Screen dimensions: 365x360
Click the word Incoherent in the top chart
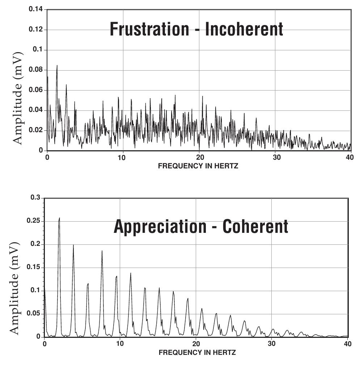coord(244,29)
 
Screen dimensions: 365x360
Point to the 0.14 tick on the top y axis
coord(36,9)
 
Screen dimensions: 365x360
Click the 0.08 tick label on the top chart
coord(36,70)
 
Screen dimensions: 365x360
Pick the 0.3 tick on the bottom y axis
coord(36,198)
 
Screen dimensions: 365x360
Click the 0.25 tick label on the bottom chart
coord(35,221)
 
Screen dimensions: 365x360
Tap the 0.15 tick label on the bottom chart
coord(35,267)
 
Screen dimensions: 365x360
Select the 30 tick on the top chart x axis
coord(275,158)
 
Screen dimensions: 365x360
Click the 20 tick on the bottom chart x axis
coord(196,344)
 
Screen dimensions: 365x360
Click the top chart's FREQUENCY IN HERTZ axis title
coord(198,166)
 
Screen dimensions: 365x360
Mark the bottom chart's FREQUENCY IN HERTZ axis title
coord(197,352)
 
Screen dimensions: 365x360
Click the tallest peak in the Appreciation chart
coord(59,218)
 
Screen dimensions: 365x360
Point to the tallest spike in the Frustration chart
coord(57,66)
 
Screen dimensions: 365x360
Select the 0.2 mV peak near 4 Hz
coord(73,246)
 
